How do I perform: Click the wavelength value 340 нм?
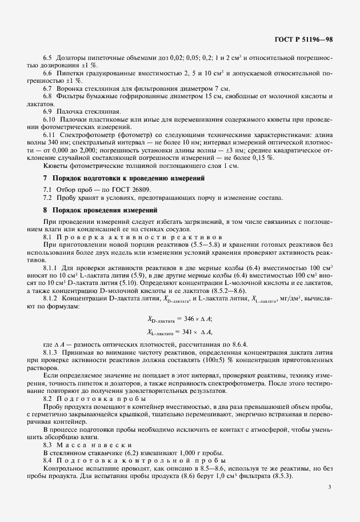[62, 141]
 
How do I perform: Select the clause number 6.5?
[49, 59]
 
